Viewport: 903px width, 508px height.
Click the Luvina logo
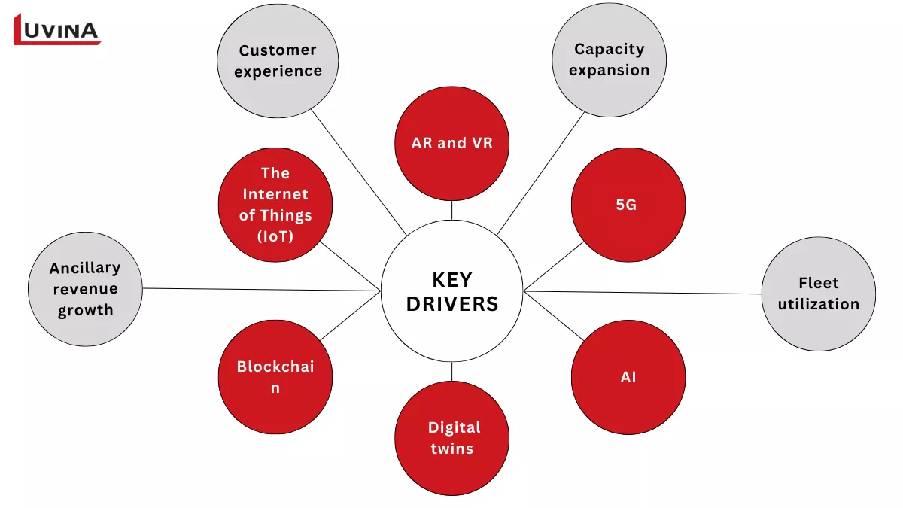pos(57,29)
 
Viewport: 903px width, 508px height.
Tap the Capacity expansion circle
pos(609,59)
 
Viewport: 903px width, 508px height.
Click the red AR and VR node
pos(451,143)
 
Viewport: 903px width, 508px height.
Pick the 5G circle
pos(628,204)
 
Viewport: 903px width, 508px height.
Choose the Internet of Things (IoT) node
pos(275,205)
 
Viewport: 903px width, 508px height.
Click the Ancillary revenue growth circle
pos(85,289)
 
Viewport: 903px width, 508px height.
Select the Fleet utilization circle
pos(818,294)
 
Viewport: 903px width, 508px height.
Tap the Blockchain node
pos(275,377)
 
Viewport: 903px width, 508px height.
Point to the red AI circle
pos(628,377)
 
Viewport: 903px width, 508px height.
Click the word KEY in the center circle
pos(451,280)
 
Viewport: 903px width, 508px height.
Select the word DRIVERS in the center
pos(451,304)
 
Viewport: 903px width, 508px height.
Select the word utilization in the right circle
pos(818,304)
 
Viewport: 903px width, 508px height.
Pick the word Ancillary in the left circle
pos(85,268)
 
